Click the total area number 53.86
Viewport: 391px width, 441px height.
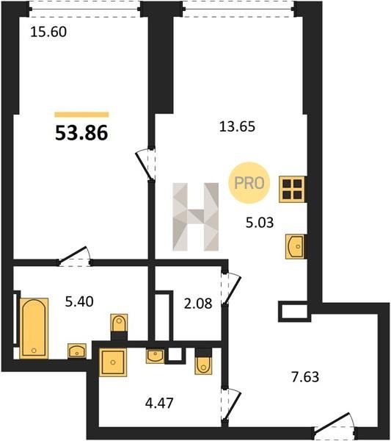[81, 133]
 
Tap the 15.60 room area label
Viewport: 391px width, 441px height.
[48, 32]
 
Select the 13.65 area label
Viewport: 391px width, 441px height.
[237, 126]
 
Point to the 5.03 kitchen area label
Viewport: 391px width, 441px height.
[260, 223]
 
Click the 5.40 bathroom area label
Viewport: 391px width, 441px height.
[79, 302]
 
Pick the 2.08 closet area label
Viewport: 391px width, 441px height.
[198, 304]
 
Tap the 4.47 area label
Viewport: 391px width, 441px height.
[159, 403]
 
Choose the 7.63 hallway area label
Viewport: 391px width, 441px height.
[305, 377]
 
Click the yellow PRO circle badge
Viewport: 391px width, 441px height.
[249, 183]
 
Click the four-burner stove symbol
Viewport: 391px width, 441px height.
[292, 190]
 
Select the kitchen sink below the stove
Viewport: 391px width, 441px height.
[295, 246]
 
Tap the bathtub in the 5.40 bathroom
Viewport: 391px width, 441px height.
[34, 329]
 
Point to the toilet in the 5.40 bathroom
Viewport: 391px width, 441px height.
[120, 323]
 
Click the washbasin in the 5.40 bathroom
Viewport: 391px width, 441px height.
[77, 351]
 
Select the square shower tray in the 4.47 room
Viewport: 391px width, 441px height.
[113, 362]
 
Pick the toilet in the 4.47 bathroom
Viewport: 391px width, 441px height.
[203, 365]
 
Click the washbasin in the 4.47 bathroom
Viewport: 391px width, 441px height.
[155, 356]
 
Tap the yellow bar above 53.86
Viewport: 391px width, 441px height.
[81, 115]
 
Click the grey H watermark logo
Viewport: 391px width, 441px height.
[196, 217]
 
